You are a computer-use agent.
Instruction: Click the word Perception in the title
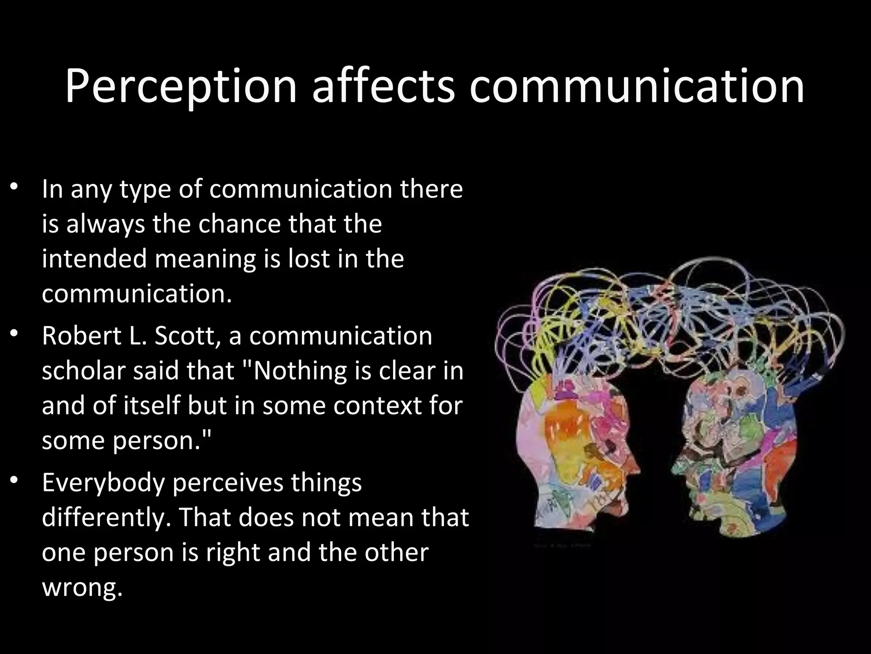[x=181, y=87]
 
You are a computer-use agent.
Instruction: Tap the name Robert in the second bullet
[x=81, y=336]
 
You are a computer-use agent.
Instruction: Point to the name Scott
[x=187, y=336]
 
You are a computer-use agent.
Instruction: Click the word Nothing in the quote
[x=298, y=371]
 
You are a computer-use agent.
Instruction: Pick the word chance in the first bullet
[x=240, y=224]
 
